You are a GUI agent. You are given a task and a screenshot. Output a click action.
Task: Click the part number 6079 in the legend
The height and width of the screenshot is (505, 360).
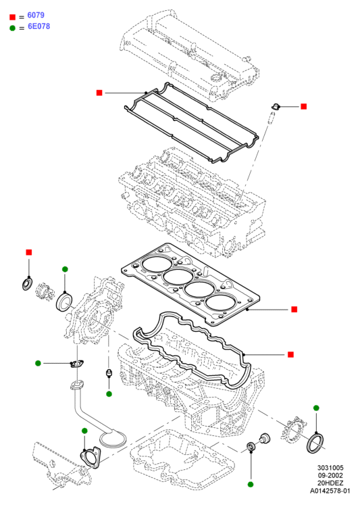pyautogui.click(x=36, y=15)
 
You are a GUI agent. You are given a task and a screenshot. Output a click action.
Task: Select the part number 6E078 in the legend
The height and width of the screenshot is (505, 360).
pyautogui.click(x=39, y=26)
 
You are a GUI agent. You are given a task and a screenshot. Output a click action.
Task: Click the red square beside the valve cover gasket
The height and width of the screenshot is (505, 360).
pyautogui.click(x=99, y=93)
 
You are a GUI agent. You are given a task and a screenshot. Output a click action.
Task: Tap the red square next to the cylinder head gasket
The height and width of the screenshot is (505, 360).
pyautogui.click(x=294, y=309)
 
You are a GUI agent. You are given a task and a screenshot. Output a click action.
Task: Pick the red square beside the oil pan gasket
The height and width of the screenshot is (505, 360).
pyautogui.click(x=290, y=355)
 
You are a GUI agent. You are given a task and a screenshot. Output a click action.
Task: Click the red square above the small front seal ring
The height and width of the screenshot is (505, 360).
pyautogui.click(x=29, y=252)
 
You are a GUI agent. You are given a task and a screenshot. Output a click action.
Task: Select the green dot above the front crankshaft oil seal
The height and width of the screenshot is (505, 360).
pyautogui.click(x=65, y=269)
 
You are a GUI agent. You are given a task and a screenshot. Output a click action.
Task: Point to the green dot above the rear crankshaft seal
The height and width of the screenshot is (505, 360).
pyautogui.click(x=316, y=408)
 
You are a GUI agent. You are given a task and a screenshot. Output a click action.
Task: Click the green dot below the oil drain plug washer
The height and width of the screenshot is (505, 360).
pyautogui.click(x=251, y=485)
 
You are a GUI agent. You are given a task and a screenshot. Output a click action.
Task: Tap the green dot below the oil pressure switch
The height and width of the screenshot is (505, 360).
pyautogui.click(x=109, y=394)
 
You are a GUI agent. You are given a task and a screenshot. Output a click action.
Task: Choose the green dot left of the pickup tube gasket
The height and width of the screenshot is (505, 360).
pyautogui.click(x=38, y=363)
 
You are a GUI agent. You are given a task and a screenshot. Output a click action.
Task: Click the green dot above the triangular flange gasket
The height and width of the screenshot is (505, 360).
pyautogui.click(x=84, y=431)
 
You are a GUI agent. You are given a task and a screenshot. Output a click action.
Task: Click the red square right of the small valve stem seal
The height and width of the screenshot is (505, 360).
pyautogui.click(x=303, y=106)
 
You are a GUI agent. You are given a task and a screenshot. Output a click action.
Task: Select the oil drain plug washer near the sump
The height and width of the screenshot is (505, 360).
pyautogui.click(x=251, y=447)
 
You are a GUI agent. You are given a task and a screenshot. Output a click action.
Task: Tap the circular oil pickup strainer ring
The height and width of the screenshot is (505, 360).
pyautogui.click(x=113, y=446)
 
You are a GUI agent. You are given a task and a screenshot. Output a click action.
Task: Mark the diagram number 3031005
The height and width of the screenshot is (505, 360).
pyautogui.click(x=330, y=468)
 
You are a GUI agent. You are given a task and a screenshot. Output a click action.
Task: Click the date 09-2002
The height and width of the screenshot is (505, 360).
pyautogui.click(x=330, y=475)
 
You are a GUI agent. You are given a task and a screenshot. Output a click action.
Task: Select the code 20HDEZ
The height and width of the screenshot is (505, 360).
pyautogui.click(x=330, y=483)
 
